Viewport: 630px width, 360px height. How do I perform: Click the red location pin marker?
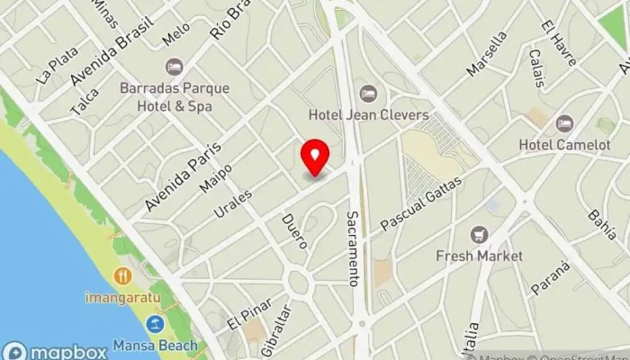[x=315, y=157]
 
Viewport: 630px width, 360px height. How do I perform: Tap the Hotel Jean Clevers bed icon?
[x=368, y=94]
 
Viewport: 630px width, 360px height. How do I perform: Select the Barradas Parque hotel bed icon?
[x=175, y=67]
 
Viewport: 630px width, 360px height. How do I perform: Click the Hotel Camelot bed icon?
[x=564, y=123]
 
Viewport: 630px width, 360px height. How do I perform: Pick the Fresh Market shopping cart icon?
[x=480, y=235]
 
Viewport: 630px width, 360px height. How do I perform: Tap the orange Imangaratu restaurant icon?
[x=123, y=275]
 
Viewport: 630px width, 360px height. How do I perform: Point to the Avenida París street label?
[x=181, y=175]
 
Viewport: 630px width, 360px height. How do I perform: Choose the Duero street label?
[x=294, y=231]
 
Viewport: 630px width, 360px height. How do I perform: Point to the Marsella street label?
[x=487, y=56]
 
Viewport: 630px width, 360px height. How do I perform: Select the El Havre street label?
[x=552, y=35]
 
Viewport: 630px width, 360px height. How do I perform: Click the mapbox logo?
[x=56, y=351]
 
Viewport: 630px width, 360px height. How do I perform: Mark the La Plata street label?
[x=58, y=65]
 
